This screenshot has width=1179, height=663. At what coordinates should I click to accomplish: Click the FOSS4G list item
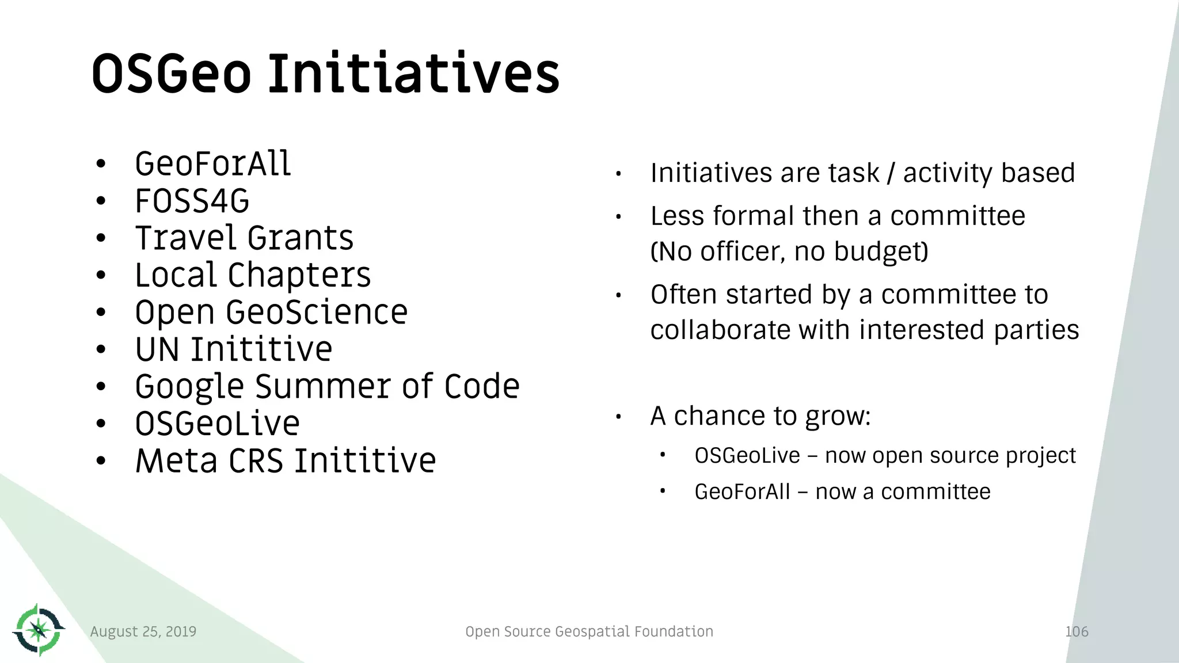click(192, 201)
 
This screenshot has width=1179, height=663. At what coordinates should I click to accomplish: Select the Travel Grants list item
click(244, 238)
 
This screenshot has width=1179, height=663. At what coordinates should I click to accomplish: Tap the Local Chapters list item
click(253, 275)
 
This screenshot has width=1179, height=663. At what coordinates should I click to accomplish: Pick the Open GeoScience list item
click(271, 313)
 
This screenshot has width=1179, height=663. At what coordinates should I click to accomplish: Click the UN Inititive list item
click(233, 349)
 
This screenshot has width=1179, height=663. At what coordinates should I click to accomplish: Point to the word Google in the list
click(189, 387)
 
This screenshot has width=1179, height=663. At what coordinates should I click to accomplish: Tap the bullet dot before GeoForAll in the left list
click(101, 165)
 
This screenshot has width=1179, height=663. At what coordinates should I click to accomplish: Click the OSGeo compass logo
click(39, 630)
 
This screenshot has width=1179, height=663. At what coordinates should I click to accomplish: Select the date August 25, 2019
click(143, 631)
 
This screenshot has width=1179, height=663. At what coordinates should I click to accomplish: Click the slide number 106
click(1077, 631)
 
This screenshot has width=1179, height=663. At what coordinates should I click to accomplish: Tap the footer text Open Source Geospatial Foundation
click(589, 631)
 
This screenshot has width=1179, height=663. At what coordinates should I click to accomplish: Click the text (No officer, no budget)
click(789, 252)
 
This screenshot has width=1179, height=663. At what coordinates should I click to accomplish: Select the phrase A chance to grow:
click(760, 416)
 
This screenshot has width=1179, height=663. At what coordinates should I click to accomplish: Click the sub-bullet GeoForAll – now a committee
click(842, 491)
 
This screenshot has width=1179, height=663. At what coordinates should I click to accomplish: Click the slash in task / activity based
click(891, 173)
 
